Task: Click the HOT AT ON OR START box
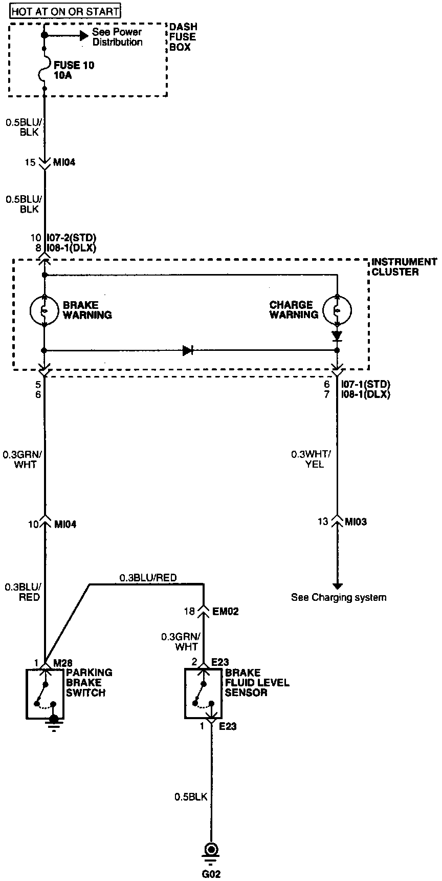coord(65,11)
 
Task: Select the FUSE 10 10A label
coord(74,71)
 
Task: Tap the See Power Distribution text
coord(117,37)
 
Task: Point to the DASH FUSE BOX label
coord(183,37)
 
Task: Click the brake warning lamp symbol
coord(45,310)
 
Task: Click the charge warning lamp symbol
coord(337,309)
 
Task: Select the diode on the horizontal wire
coord(188,351)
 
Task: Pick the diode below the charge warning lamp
coord(337,336)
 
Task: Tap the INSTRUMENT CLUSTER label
coord(404,267)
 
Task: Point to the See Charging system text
coord(339,597)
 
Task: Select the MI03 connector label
coord(356,522)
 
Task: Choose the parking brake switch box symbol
coord(45,694)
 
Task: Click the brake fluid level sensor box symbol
coord(204,694)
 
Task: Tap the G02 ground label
coord(210,874)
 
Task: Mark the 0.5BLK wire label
coord(191,796)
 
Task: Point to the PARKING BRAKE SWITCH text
coord(85,682)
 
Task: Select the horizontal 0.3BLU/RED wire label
coord(148,578)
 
